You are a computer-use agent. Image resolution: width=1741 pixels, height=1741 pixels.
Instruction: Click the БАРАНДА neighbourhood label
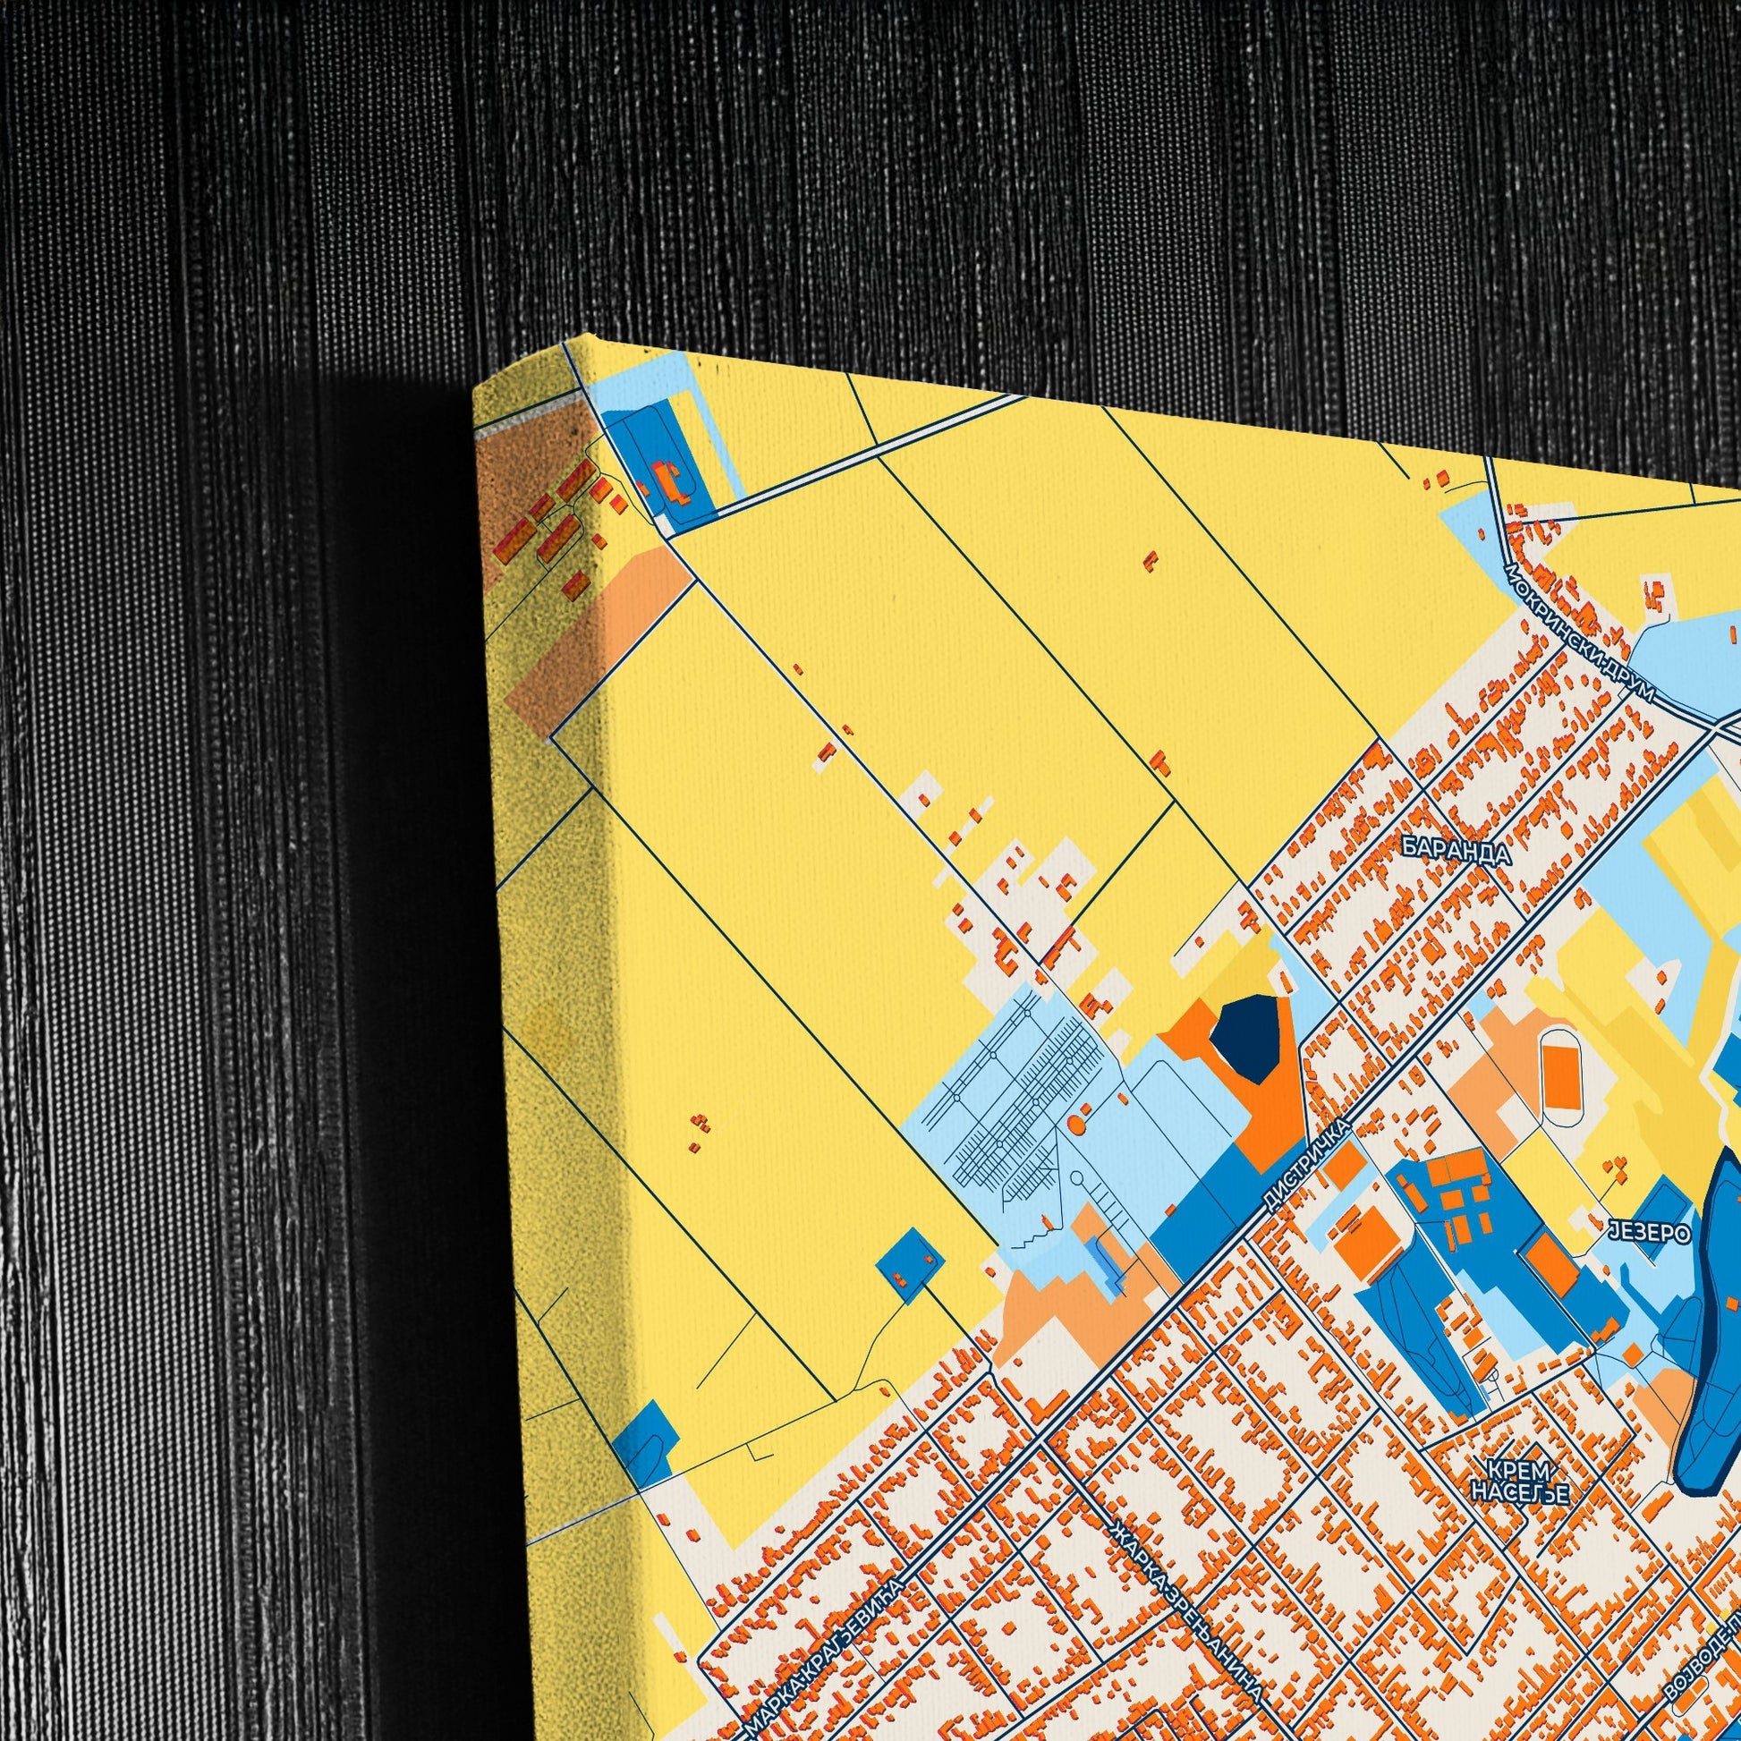(1456, 850)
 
